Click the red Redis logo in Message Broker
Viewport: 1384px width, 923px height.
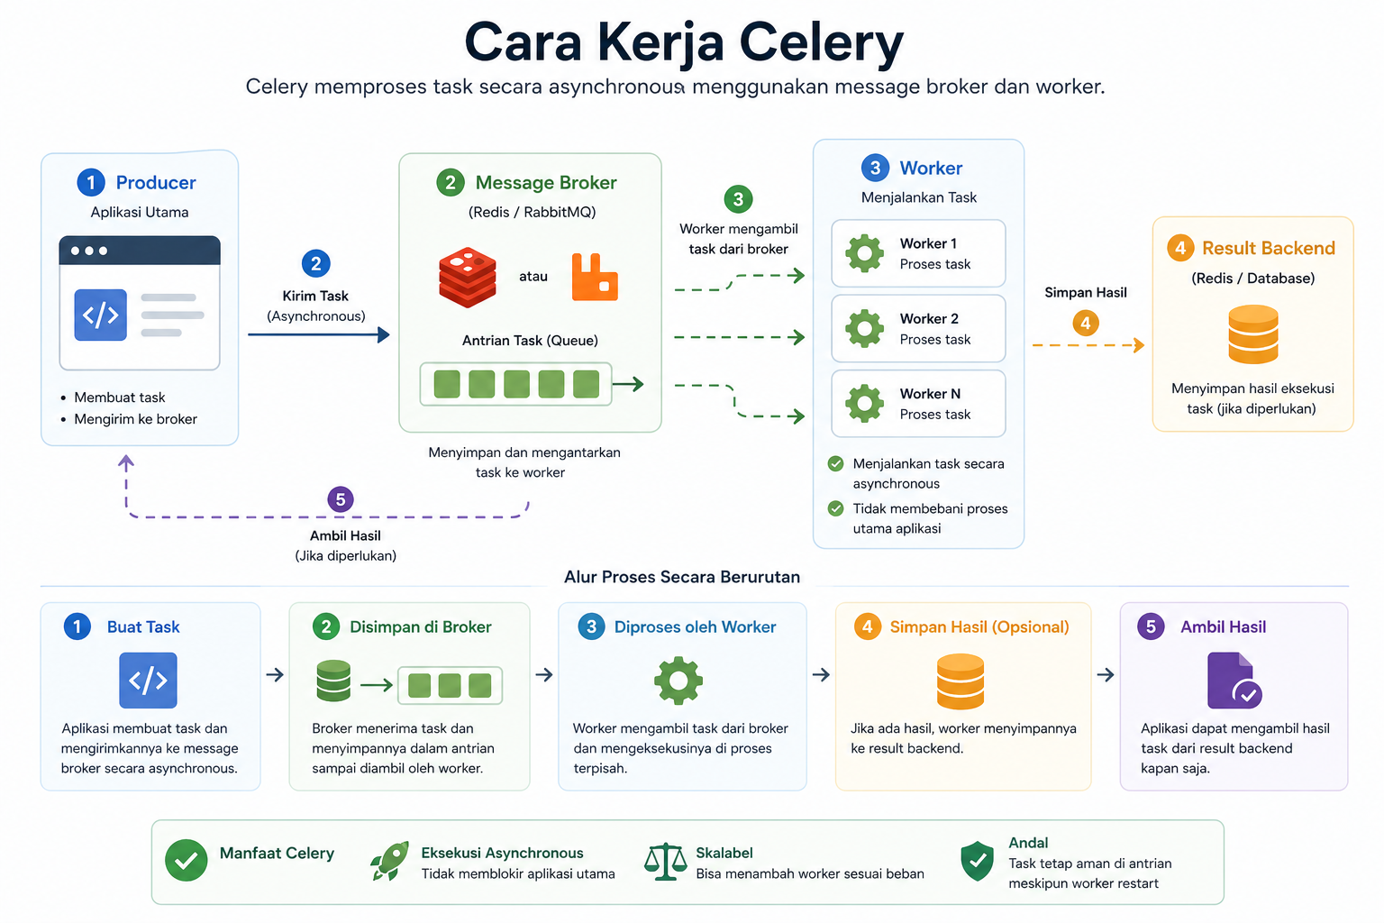click(x=467, y=277)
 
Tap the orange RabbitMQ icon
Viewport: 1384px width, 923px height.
click(x=595, y=277)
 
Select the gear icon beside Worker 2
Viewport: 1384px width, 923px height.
click(x=864, y=328)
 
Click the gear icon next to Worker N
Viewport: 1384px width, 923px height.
click(x=864, y=403)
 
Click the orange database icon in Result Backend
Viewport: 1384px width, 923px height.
click(x=1253, y=334)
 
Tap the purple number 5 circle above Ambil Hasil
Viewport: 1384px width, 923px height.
click(x=341, y=499)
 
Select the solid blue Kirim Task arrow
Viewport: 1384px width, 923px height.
click(x=319, y=334)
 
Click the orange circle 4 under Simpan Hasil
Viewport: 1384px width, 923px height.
click(x=1086, y=323)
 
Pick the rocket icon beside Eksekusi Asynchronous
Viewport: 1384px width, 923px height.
click(x=389, y=861)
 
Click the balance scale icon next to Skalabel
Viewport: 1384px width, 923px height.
click(x=665, y=861)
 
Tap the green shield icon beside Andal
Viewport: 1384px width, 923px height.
click(x=977, y=861)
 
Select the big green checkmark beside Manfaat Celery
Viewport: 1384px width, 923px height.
click(x=186, y=860)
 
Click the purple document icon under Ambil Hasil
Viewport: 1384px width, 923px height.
click(x=1234, y=681)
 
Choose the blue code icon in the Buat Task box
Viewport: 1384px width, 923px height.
click(x=148, y=680)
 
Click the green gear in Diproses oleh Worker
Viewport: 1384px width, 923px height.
click(x=678, y=681)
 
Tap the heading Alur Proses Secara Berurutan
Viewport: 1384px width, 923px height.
click(x=681, y=577)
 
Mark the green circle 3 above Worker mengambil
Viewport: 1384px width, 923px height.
click(x=738, y=199)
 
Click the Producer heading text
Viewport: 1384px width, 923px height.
click(x=156, y=182)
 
